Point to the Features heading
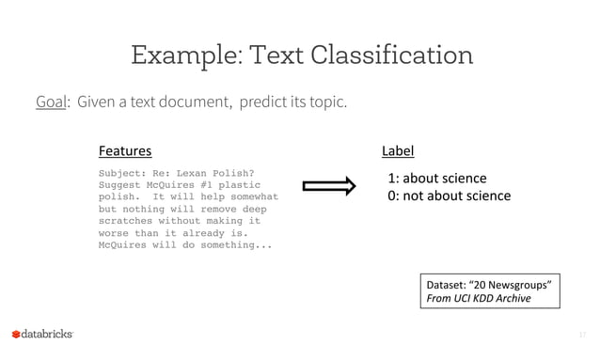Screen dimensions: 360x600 125,150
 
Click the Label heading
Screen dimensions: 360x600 398,150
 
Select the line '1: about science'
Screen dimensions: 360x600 437,179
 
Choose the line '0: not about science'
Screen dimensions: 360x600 450,196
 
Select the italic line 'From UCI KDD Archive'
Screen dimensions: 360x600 479,299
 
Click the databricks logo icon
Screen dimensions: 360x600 16,335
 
